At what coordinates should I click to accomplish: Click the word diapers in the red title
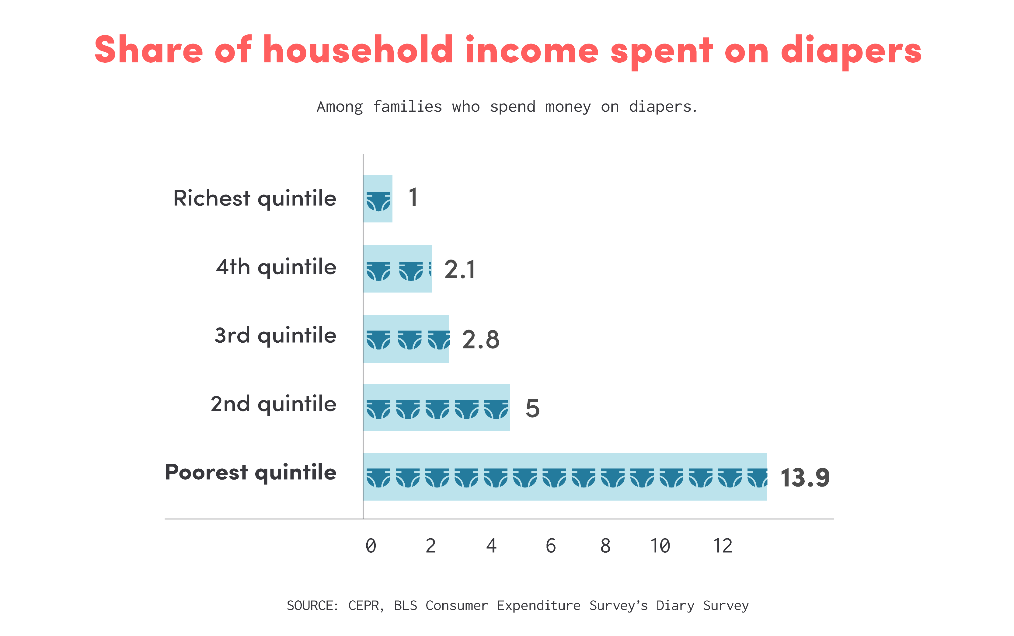click(x=851, y=51)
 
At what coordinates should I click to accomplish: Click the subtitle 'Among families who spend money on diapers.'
click(x=507, y=107)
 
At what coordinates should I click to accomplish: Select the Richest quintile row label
click(x=255, y=198)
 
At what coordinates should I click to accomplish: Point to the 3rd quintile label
click(x=275, y=336)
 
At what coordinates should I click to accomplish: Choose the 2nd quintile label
click(x=273, y=404)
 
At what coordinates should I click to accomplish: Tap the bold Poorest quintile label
click(x=251, y=472)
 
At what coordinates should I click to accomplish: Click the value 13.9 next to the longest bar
click(x=805, y=478)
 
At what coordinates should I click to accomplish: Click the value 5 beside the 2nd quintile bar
click(x=532, y=408)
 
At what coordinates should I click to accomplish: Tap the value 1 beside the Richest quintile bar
click(x=413, y=197)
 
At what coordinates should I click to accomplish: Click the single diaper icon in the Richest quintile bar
click(x=378, y=201)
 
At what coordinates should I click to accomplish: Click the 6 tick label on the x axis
click(x=550, y=546)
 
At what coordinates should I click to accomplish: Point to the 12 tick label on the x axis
click(x=722, y=546)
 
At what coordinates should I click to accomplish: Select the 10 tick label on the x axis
click(x=660, y=546)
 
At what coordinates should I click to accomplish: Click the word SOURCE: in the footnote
click(x=312, y=606)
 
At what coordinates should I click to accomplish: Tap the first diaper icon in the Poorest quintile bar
click(x=378, y=478)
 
